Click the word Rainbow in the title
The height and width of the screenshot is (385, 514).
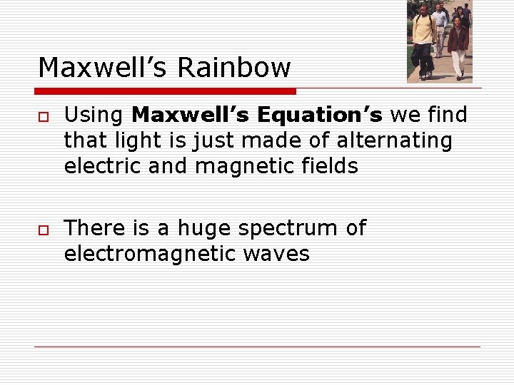234,68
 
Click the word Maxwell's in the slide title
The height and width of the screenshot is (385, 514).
103,68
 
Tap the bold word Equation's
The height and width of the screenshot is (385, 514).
321,115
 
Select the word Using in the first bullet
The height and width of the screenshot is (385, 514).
94,115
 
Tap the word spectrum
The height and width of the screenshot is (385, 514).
288,229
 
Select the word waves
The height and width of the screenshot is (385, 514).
275,255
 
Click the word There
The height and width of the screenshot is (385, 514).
94,228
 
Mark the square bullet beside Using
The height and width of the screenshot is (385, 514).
43,116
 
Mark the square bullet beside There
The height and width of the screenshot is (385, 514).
43,229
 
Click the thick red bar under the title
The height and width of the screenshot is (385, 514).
166,91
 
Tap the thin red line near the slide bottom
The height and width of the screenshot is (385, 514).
257,347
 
